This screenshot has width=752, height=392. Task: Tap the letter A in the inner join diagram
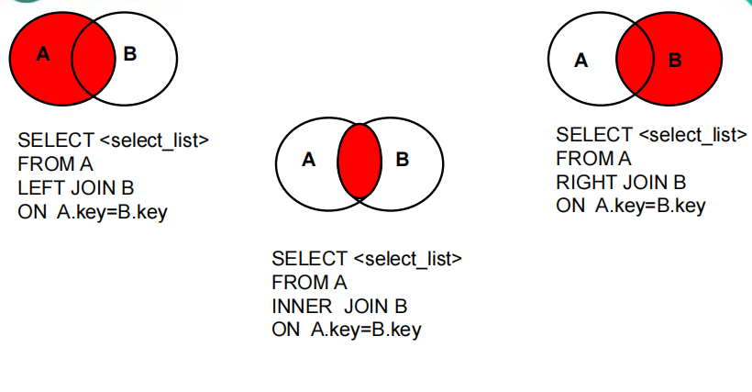pyautogui.click(x=308, y=160)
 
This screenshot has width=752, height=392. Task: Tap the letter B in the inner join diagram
pyautogui.click(x=402, y=160)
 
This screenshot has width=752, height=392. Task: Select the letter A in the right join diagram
pyautogui.click(x=581, y=61)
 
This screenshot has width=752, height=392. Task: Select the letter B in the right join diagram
pyautogui.click(x=675, y=61)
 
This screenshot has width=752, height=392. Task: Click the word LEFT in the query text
pyautogui.click(x=39, y=188)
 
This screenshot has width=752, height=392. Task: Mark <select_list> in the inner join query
pyautogui.click(x=407, y=258)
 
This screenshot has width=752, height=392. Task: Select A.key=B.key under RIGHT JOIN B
pyautogui.click(x=650, y=206)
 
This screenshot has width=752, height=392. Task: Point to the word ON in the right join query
pyautogui.click(x=570, y=206)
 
